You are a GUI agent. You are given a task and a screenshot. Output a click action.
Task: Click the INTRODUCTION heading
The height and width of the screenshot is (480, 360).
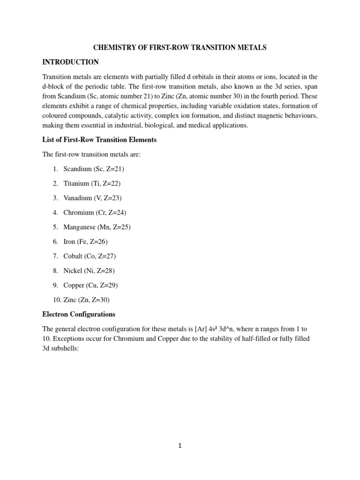coord(70,62)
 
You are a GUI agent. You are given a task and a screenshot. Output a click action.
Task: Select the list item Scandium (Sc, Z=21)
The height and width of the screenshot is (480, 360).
coord(94,169)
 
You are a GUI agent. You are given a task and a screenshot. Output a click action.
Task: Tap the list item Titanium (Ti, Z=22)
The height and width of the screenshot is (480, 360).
coord(92,183)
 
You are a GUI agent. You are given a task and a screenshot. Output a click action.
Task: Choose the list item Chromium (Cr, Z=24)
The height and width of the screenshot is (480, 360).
coord(95,212)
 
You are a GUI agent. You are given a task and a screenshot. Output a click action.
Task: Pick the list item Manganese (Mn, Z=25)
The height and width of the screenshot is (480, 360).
coord(97,227)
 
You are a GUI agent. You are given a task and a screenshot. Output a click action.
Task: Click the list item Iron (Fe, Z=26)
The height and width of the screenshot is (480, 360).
coord(87,241)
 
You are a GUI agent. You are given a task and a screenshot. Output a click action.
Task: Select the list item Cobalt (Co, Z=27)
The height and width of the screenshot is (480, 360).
coord(90,256)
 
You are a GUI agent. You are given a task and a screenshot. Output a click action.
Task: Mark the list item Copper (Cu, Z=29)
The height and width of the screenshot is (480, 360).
coord(91,285)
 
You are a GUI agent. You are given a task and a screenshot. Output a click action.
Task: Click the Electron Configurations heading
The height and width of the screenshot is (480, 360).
coord(79,314)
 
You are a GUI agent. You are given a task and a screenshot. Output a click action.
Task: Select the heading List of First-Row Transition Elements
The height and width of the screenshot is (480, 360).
coord(99,140)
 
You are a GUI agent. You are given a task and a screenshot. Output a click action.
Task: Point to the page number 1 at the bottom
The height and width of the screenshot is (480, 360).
coord(180,446)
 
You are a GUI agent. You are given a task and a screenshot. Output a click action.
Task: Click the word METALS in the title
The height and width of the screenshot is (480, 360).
coord(249,47)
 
